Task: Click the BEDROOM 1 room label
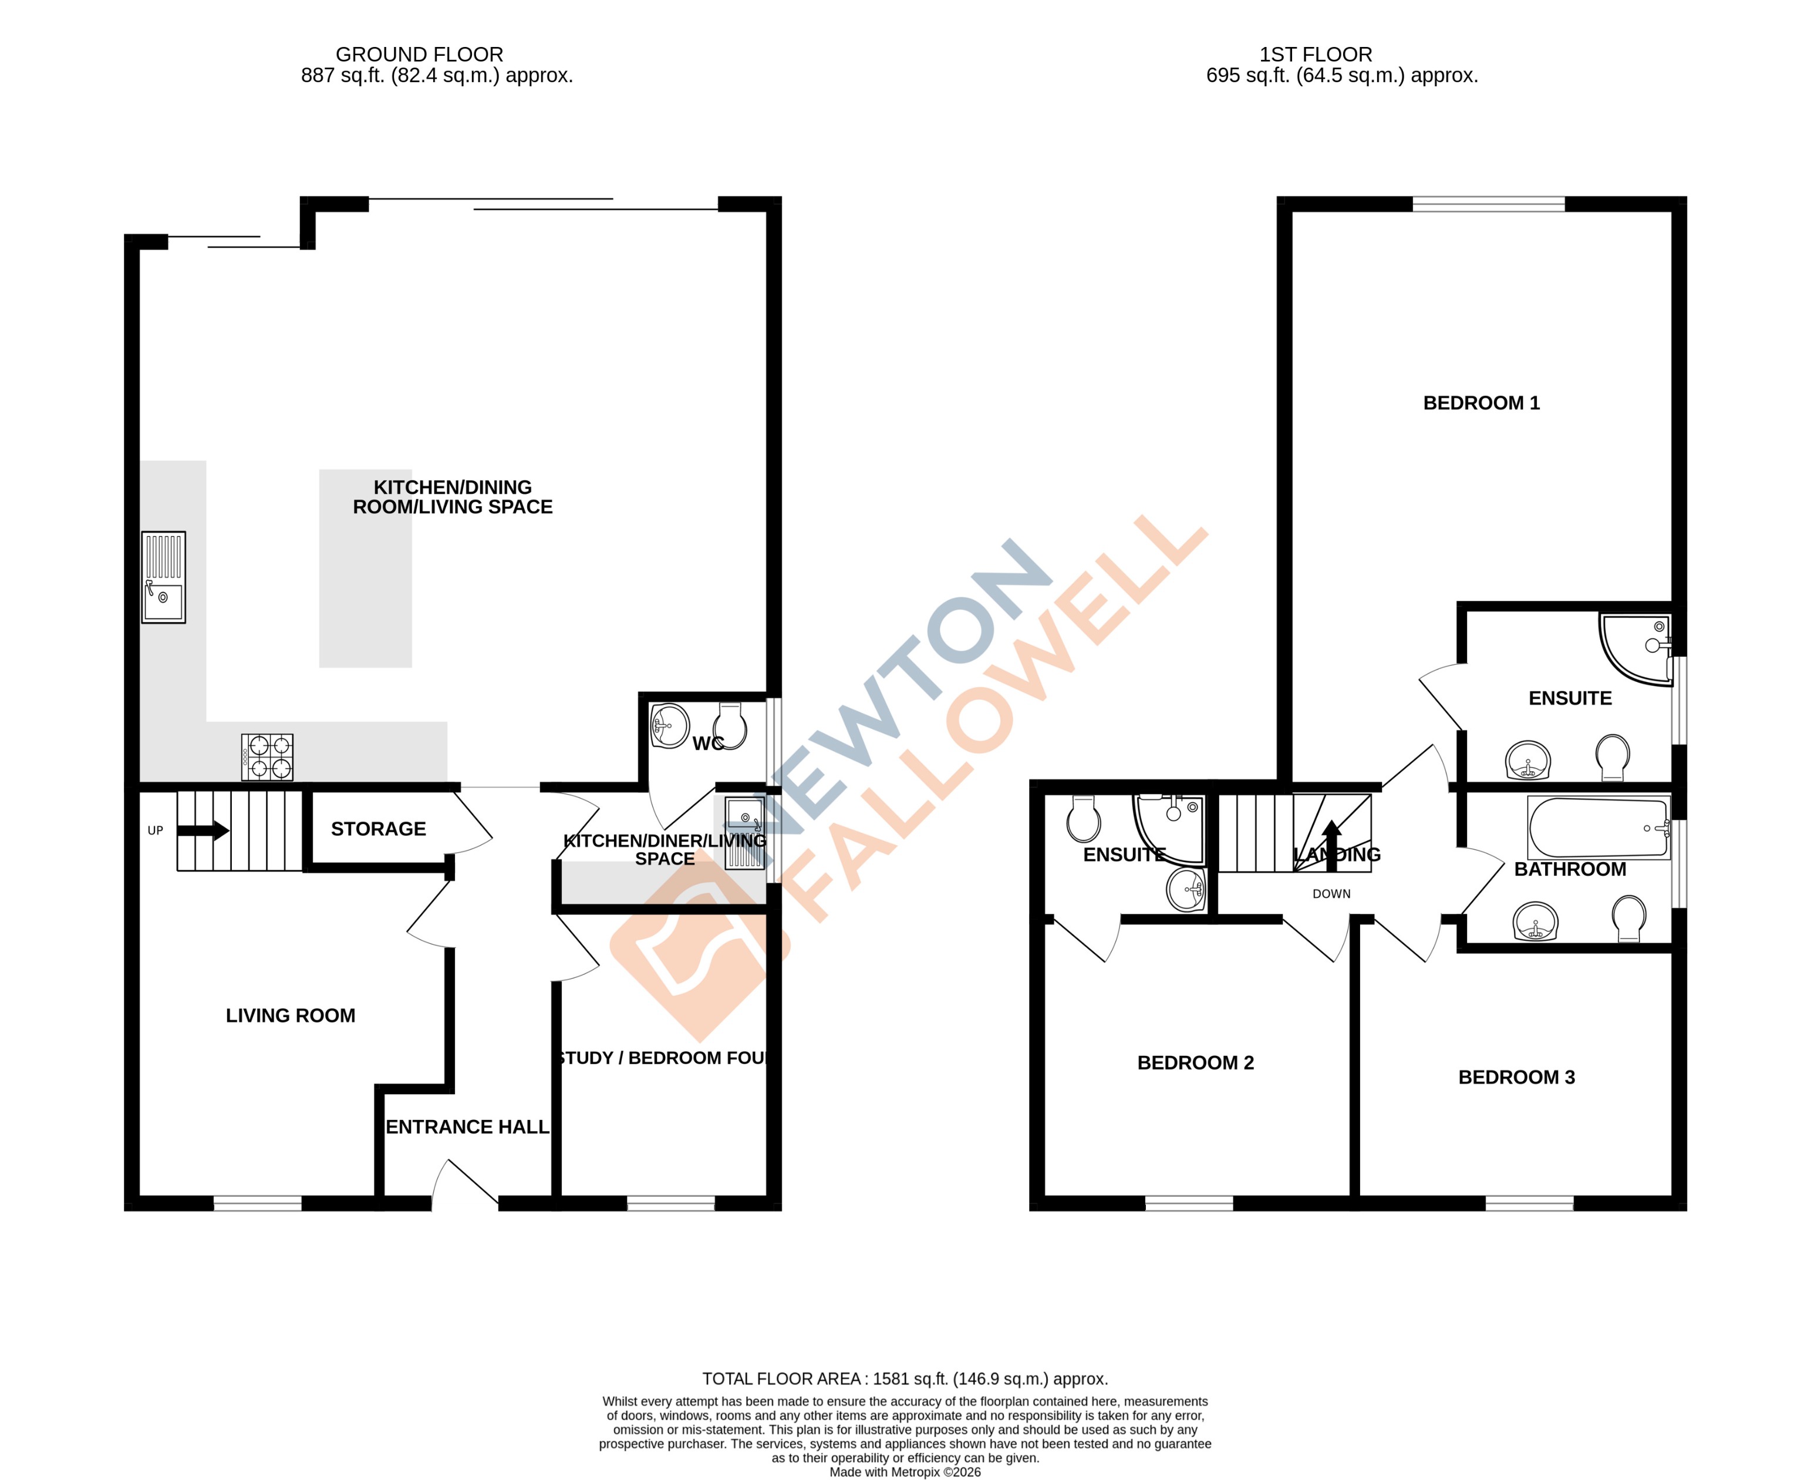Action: tap(1480, 403)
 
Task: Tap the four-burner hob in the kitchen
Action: tap(267, 757)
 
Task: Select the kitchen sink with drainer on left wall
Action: tap(163, 577)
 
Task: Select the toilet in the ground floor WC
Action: tap(730, 725)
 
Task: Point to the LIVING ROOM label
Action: tap(290, 1015)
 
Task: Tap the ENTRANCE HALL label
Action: tap(467, 1127)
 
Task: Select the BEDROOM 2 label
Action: tap(1195, 1063)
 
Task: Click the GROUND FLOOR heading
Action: tap(419, 55)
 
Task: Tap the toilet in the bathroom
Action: tap(1628, 917)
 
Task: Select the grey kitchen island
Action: tap(365, 568)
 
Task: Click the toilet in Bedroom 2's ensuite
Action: tap(1083, 819)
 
